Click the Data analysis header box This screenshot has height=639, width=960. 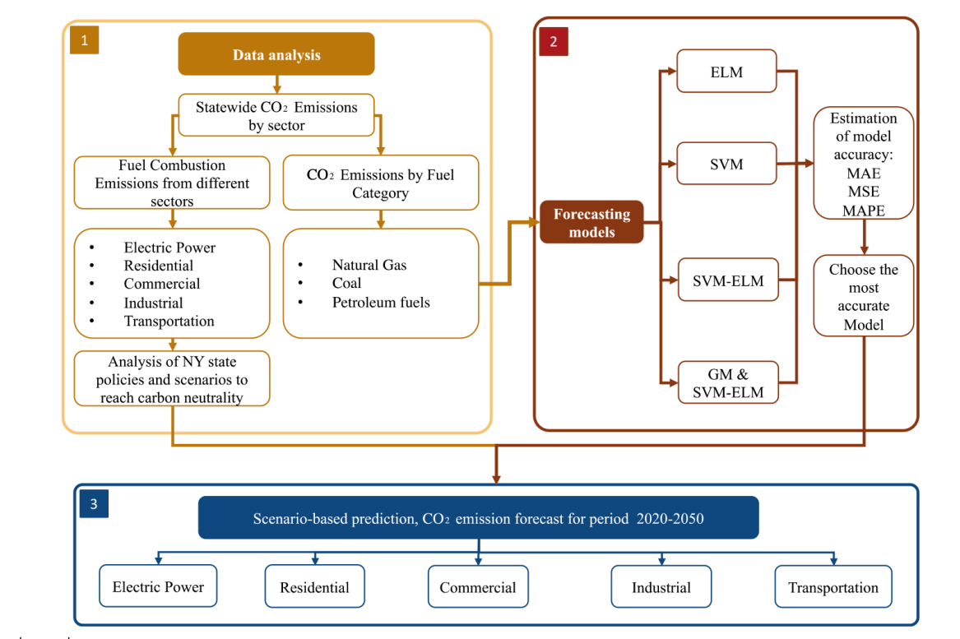click(x=276, y=53)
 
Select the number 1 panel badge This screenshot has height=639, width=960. click(x=85, y=40)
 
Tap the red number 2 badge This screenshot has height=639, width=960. click(x=554, y=42)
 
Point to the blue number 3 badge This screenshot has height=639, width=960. click(x=94, y=504)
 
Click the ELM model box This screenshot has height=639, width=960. click(x=726, y=71)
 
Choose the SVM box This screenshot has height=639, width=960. click(x=726, y=164)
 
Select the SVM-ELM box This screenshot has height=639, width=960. click(x=728, y=280)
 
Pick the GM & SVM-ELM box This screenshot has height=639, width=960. click(x=728, y=382)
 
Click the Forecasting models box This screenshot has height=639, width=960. click(x=591, y=222)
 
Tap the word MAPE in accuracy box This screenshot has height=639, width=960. click(x=863, y=211)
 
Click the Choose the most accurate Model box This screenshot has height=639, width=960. click(x=864, y=296)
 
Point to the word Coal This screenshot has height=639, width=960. click(x=346, y=283)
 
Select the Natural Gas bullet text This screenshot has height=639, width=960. click(x=369, y=265)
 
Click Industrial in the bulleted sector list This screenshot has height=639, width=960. click(x=153, y=303)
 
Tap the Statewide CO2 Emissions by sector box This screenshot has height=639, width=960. click(x=276, y=115)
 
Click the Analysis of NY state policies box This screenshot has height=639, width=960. click(x=172, y=379)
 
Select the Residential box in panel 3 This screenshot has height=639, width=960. click(x=315, y=586)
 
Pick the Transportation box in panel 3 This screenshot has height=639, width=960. click(x=833, y=586)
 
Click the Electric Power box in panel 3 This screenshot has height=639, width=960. click(x=158, y=586)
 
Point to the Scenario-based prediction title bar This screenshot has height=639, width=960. click(x=478, y=518)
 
